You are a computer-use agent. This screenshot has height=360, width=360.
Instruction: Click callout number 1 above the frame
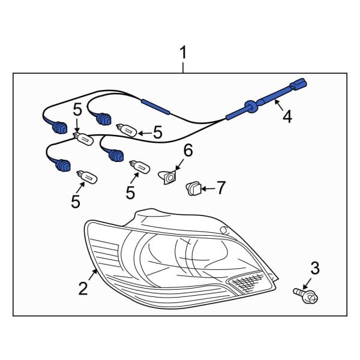coord(184,54)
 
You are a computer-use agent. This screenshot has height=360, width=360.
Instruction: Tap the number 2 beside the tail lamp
coord(83,289)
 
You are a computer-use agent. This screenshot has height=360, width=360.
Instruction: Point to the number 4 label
coord(287,116)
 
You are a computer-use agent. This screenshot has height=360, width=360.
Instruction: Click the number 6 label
coord(188,151)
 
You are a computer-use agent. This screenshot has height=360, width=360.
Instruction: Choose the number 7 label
coord(220,188)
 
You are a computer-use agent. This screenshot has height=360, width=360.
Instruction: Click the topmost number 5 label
coord(76,110)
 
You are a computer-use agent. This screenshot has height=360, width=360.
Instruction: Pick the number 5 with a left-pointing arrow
coord(158,131)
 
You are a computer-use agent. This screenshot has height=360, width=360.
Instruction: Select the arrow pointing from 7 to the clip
coord(206,188)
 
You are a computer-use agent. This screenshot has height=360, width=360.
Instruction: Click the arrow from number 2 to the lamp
coord(93,276)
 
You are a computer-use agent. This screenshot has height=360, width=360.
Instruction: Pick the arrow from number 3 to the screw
coord(310,283)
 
